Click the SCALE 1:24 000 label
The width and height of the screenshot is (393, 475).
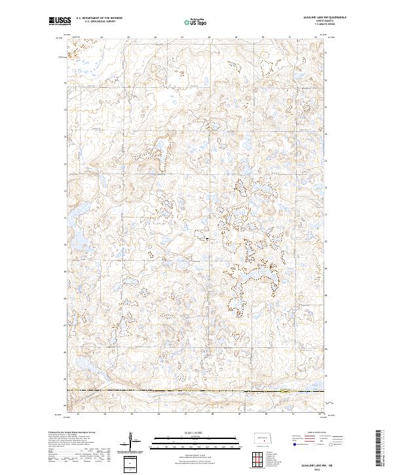196,432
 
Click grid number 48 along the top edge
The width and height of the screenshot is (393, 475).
209,37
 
